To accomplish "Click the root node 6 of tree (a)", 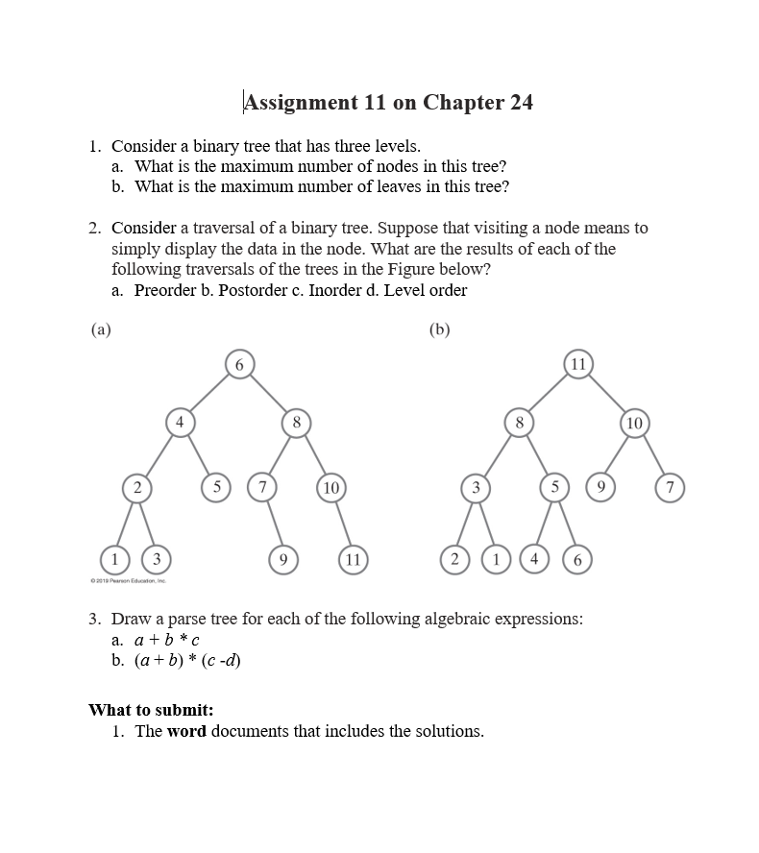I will (x=240, y=364).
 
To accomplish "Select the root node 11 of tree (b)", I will (x=577, y=364).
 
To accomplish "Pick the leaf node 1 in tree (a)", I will (x=115, y=558).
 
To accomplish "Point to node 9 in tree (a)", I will (x=282, y=558).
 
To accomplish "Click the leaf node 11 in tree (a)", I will (x=353, y=558).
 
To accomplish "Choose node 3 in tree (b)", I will (x=475, y=488).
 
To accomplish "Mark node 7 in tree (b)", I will (x=671, y=488).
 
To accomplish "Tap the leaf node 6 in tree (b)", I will (x=577, y=558).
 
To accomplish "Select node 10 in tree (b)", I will (x=634, y=422).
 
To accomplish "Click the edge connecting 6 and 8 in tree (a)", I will (x=269, y=393).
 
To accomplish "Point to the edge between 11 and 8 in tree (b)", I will (x=548, y=393).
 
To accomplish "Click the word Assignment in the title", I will (x=302, y=103).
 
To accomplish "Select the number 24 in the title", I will (x=521, y=103).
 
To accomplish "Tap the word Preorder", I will (x=165, y=290).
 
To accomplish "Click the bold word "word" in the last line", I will (x=186, y=731).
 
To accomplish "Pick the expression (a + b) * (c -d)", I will (x=187, y=660).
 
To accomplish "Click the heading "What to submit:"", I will (x=151, y=710).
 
